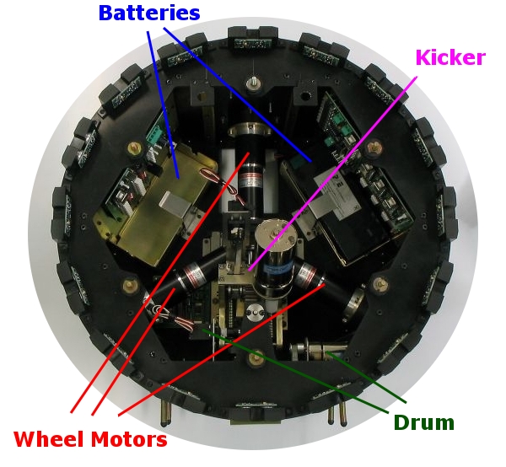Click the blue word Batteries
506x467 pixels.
click(148, 13)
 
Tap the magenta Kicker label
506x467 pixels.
click(449, 58)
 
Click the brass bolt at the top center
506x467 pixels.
click(253, 83)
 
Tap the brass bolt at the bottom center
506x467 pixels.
click(254, 361)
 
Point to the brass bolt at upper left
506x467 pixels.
click(133, 148)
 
